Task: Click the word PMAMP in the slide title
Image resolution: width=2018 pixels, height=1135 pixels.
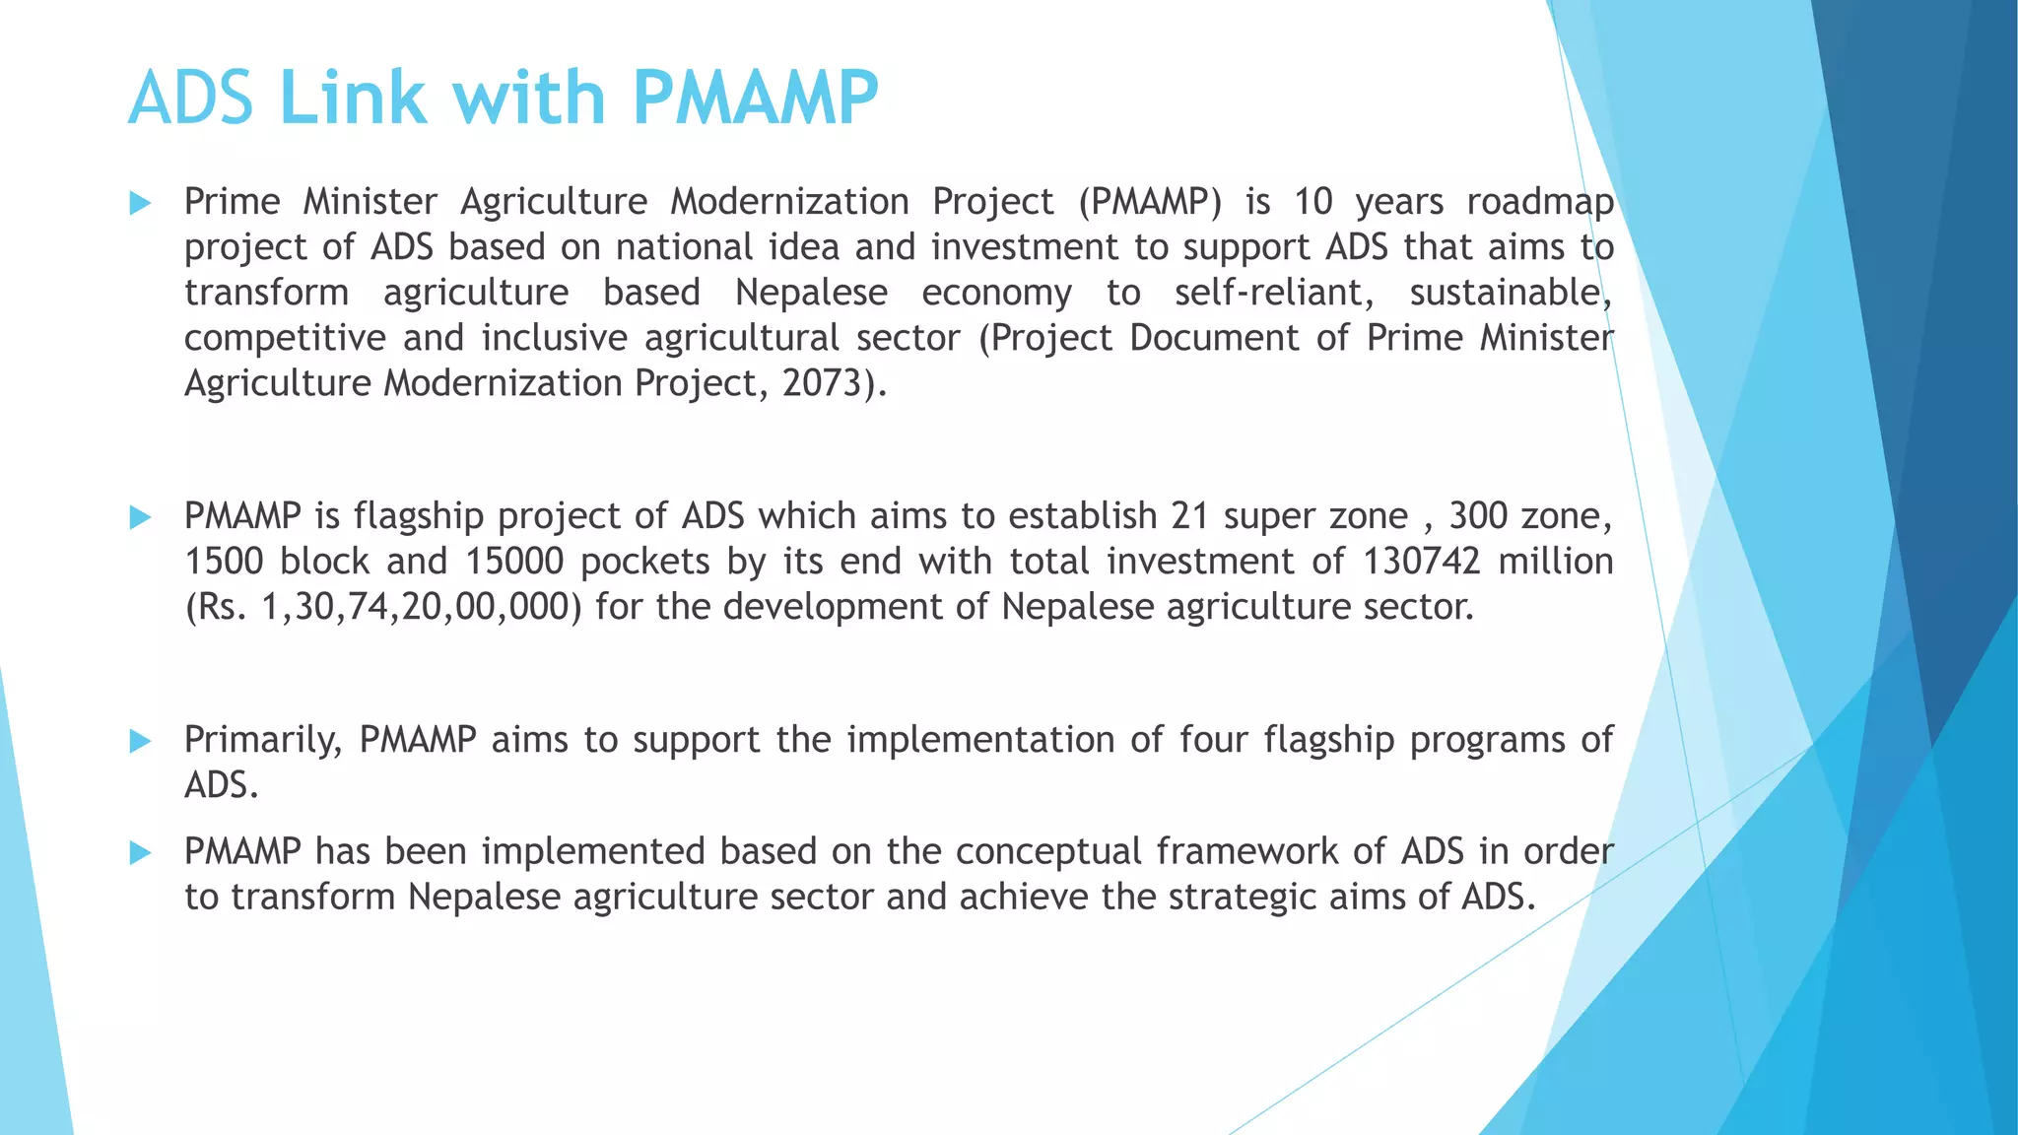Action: pos(754,99)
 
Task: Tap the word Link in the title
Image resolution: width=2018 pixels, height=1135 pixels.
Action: pos(353,99)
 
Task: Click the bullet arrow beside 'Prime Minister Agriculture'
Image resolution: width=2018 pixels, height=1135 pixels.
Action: pos(140,204)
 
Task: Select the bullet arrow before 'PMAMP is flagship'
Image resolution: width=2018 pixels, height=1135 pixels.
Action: pos(140,518)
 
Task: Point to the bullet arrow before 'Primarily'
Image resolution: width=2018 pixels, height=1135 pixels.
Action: pos(140,742)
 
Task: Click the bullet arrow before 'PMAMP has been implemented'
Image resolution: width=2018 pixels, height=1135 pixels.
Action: pos(140,853)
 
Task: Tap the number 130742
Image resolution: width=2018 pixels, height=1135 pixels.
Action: pos(1421,562)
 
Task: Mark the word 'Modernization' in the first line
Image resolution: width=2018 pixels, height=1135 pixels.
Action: pos(790,202)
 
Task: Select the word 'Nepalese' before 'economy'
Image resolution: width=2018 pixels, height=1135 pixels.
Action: pos(811,293)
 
